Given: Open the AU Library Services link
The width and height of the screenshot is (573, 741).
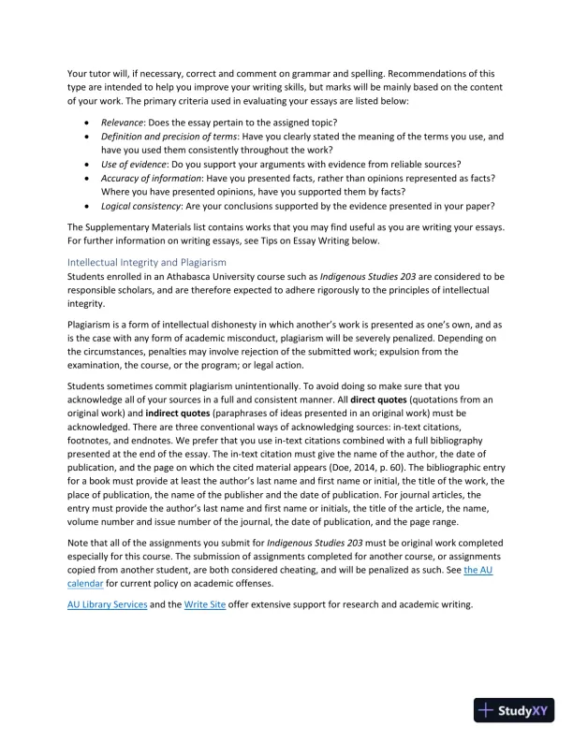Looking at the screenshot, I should [108, 604].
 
